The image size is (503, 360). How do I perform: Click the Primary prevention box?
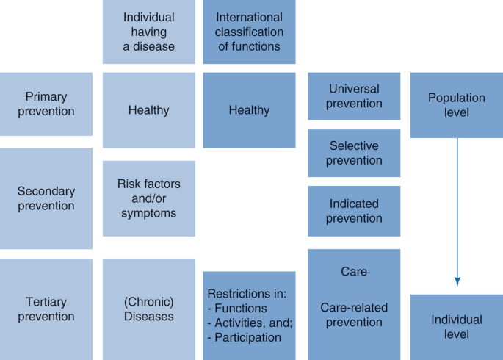click(46, 104)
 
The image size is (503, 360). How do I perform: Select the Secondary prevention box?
click(46, 198)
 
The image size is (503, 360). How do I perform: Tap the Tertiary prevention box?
click(46, 309)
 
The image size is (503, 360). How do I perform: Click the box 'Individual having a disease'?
click(149, 31)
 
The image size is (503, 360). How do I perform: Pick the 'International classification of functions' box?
click(250, 31)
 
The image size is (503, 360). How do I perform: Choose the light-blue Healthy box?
click(149, 110)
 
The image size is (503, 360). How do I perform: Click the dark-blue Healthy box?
click(250, 110)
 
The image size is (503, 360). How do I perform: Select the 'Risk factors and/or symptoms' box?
click(149, 198)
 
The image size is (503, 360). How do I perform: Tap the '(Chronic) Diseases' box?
click(149, 309)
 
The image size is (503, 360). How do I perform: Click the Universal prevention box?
click(354, 96)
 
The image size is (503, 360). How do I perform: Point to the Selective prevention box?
click(354, 153)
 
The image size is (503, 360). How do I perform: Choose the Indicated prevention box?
click(354, 210)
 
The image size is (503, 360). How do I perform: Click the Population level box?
click(457, 105)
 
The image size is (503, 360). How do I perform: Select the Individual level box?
click(457, 327)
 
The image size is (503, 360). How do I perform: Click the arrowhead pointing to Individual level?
click(457, 281)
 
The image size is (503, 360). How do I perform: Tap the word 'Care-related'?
click(354, 308)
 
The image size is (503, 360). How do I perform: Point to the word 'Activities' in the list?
click(243, 323)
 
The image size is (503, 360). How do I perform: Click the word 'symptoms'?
click(149, 213)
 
